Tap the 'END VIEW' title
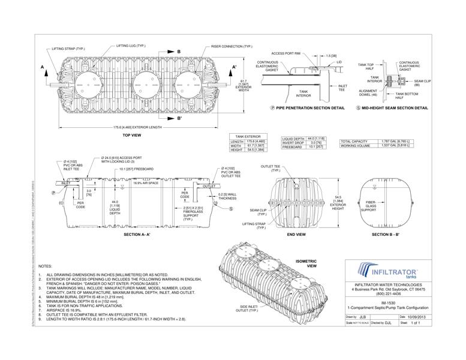(296, 234)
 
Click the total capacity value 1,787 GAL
(395, 140)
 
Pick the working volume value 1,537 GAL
(395, 146)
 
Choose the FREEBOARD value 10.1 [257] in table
(314, 147)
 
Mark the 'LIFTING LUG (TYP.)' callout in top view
(131, 46)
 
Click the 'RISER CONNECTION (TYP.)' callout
(232, 46)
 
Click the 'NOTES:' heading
(45, 265)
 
